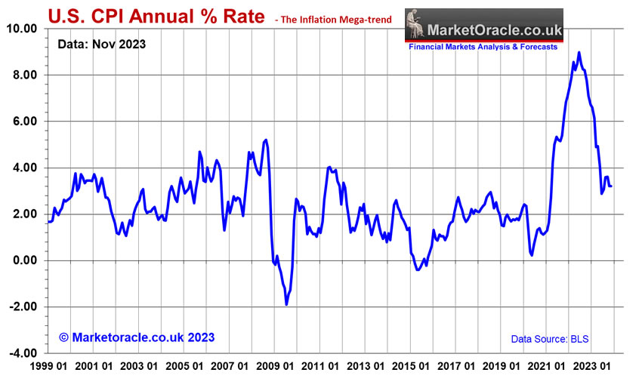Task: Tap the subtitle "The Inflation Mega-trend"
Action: (x=337, y=18)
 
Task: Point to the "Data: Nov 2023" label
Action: (x=102, y=45)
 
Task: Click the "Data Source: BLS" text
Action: (x=549, y=340)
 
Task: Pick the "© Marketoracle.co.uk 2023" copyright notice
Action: (x=137, y=337)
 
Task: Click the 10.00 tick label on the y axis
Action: (x=22, y=29)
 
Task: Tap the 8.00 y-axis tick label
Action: (x=25, y=75)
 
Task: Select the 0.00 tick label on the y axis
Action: (x=25, y=261)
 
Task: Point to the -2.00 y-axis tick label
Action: (x=23, y=307)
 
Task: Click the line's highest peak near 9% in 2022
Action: (x=579, y=53)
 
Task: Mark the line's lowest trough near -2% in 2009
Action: (x=286, y=304)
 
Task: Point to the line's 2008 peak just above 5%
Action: (x=266, y=140)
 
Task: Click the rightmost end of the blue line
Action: (x=611, y=186)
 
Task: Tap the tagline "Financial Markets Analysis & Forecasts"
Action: (x=483, y=47)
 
